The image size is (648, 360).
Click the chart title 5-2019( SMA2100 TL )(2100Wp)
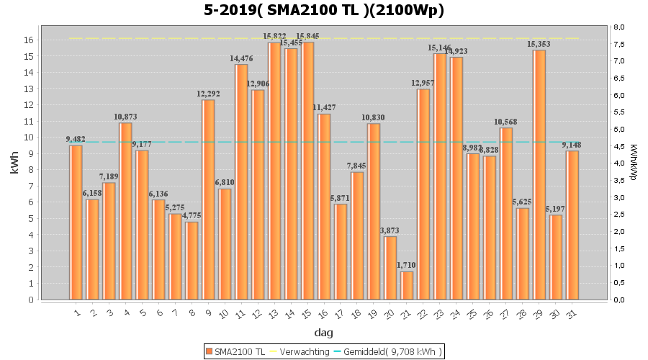click(x=323, y=10)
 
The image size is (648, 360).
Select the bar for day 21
click(x=407, y=285)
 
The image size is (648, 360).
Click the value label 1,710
click(x=407, y=266)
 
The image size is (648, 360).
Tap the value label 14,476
click(x=241, y=58)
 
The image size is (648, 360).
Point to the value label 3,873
click(x=390, y=230)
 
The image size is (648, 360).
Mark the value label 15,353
click(x=539, y=44)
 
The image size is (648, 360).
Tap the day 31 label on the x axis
click(x=573, y=312)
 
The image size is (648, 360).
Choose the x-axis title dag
click(x=323, y=333)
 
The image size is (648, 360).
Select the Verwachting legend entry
click(x=297, y=351)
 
